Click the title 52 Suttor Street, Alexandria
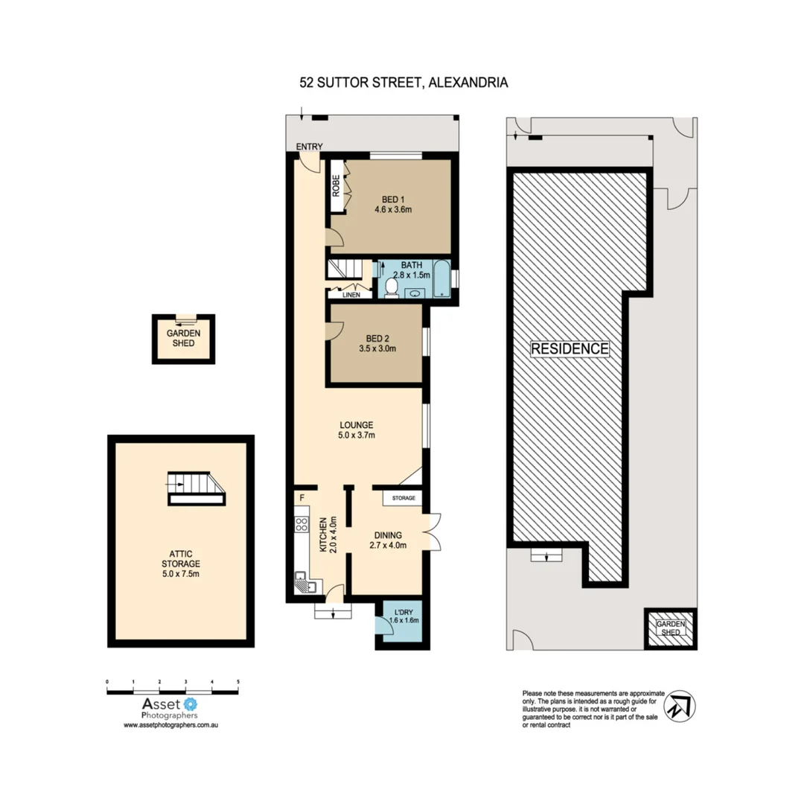pos(403,83)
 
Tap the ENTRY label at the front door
pos(307,147)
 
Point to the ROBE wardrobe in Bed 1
pos(336,185)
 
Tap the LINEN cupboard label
pos(351,295)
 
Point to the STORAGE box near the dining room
pos(403,497)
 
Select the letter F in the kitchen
pos(302,497)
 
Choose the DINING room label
pos(388,535)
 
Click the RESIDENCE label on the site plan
pos(570,348)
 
